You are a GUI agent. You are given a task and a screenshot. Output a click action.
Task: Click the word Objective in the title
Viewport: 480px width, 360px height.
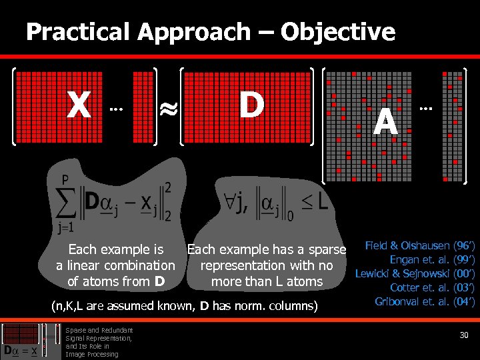(x=338, y=31)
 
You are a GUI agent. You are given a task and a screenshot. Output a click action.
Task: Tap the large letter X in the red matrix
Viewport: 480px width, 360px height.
(x=79, y=105)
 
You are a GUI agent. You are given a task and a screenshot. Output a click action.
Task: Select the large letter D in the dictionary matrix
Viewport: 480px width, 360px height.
(x=251, y=105)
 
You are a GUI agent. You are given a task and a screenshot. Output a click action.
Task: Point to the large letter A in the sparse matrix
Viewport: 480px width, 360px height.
(x=385, y=122)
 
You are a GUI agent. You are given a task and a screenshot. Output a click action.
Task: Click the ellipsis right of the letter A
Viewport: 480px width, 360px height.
(x=425, y=107)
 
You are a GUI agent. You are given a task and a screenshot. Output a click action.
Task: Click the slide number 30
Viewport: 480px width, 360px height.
(x=465, y=335)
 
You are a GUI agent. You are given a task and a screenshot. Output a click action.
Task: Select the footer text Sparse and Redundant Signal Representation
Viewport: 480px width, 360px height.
(x=99, y=334)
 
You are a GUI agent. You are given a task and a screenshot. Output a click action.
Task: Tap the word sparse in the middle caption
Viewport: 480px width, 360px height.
(x=329, y=250)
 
